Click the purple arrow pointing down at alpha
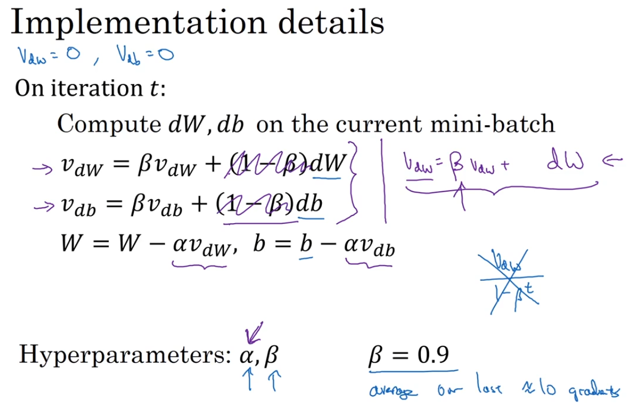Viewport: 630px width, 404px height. tap(255, 333)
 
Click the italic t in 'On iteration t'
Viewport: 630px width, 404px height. tap(155, 88)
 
